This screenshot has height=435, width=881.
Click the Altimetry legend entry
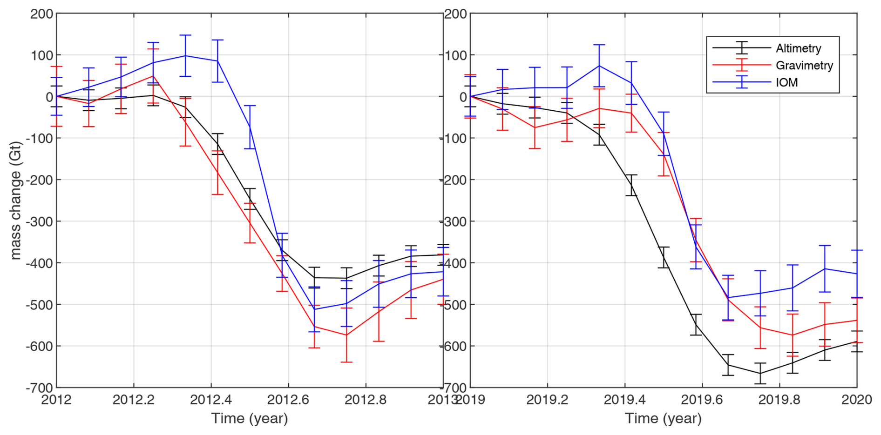[798, 48]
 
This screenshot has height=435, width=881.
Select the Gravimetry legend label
[804, 66]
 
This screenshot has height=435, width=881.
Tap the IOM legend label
[786, 83]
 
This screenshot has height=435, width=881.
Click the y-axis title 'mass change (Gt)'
[15, 200]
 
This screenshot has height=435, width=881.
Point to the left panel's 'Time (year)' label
[250, 418]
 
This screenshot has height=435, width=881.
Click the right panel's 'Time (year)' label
[663, 418]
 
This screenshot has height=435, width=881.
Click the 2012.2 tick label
[134, 400]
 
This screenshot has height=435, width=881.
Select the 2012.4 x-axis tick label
[211, 400]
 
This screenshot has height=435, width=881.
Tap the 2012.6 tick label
[288, 400]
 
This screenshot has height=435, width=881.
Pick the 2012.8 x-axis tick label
[366, 400]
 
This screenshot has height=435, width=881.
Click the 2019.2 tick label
[547, 400]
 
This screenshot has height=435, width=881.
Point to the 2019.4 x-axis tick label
[624, 400]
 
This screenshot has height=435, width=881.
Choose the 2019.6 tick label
[702, 400]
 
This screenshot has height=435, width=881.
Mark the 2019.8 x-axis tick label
[779, 400]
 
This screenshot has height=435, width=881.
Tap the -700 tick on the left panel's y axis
[40, 388]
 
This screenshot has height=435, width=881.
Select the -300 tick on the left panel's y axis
[40, 221]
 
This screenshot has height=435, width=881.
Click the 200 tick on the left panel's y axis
[42, 14]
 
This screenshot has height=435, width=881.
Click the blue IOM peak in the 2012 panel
[185, 56]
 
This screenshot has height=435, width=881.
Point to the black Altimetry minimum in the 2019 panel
[760, 373]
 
